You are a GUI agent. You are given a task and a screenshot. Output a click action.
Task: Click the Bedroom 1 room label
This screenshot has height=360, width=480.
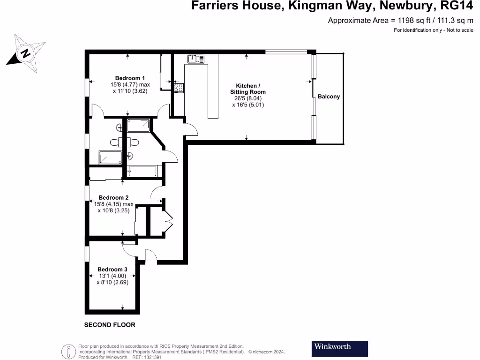tap(130, 78)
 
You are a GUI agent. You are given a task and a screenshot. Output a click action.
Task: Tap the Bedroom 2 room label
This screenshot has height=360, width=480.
tap(113, 198)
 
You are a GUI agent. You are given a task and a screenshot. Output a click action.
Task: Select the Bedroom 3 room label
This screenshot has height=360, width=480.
tap(112, 270)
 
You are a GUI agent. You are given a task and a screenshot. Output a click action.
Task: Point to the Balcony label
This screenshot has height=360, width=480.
tap(329, 97)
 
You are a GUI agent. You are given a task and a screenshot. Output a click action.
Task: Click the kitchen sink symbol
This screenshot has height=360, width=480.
tap(196, 59)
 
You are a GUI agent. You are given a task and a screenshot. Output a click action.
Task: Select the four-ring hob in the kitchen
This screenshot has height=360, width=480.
tap(179, 87)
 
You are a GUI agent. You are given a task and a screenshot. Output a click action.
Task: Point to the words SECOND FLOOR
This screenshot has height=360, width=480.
tap(110, 325)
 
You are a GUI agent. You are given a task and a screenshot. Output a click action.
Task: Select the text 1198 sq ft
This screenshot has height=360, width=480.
tap(413, 20)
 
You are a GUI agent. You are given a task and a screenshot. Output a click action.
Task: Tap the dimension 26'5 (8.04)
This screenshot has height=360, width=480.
tap(247, 98)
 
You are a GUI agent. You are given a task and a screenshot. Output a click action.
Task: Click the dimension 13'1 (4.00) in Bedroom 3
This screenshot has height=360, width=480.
tap(112, 276)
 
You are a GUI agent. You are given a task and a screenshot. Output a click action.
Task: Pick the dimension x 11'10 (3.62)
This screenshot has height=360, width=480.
tap(130, 91)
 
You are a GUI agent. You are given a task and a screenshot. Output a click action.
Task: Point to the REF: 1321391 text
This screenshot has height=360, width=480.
tap(148, 357)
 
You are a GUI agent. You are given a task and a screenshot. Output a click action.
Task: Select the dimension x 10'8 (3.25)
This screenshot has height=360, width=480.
tap(113, 211)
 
